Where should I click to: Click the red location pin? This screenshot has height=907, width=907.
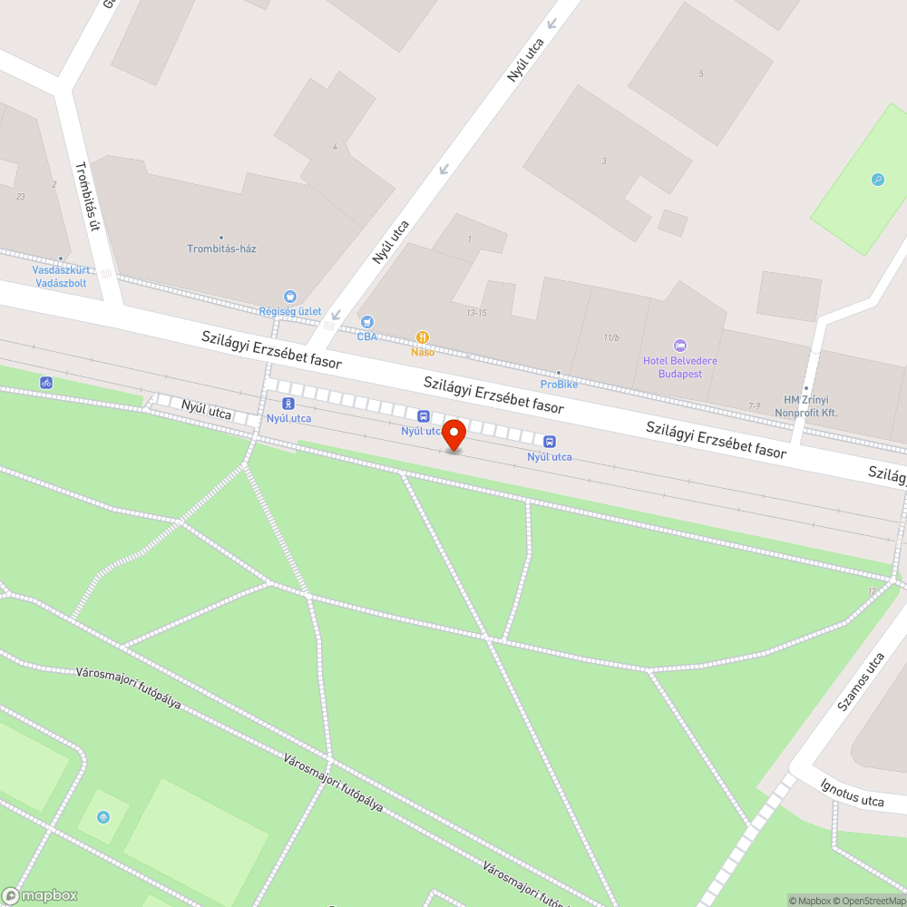click(453, 434)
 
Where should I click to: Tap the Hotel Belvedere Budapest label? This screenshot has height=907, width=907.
click(679, 367)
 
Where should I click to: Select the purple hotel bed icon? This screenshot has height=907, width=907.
click(680, 346)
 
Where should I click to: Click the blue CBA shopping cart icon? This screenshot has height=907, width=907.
click(366, 321)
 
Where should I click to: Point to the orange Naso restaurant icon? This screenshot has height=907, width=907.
click(423, 336)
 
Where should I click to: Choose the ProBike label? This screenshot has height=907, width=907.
click(559, 385)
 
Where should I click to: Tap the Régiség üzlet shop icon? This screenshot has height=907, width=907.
click(290, 296)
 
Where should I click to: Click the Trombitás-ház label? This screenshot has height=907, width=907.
click(221, 249)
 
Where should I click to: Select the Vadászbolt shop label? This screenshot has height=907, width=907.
click(61, 282)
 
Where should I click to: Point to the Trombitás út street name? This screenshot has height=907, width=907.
click(85, 196)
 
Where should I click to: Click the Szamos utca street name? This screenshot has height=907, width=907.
click(860, 681)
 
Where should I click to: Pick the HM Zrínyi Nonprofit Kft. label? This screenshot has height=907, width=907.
click(805, 406)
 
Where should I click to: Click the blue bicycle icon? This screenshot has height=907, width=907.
click(45, 383)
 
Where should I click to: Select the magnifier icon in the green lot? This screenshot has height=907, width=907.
click(877, 180)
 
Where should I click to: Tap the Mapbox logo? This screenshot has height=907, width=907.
click(40, 895)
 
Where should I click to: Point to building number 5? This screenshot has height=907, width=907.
click(701, 73)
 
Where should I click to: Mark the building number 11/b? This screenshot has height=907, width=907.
click(610, 338)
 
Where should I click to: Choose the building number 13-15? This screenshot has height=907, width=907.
click(477, 312)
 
